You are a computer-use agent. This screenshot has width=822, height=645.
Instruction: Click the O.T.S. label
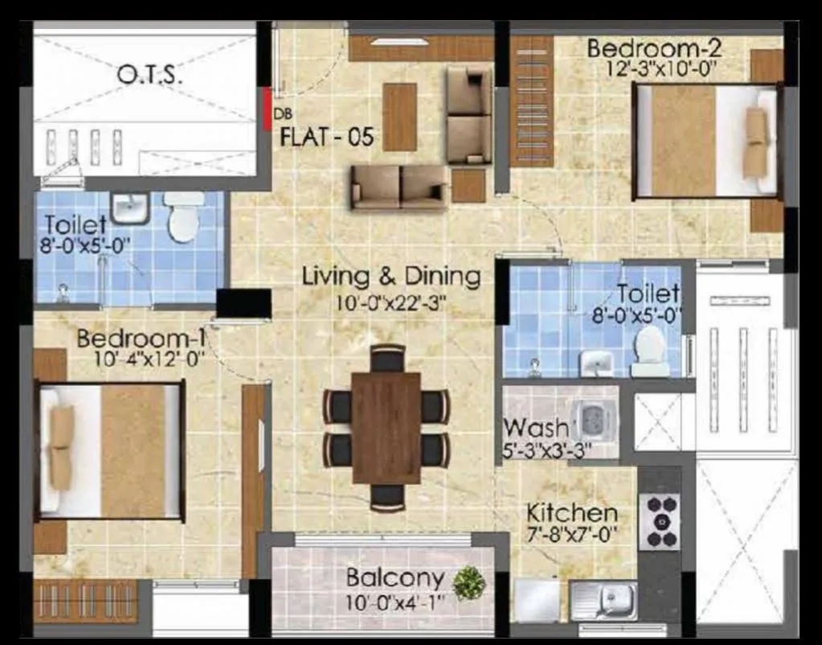pos(150,76)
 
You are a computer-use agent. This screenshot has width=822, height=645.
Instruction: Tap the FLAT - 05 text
pos(326,137)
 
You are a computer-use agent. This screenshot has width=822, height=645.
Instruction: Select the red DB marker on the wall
pos(267,109)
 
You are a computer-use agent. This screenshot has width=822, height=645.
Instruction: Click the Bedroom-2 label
pos(654,48)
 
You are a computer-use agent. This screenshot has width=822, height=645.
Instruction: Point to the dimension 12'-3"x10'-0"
pos(662,69)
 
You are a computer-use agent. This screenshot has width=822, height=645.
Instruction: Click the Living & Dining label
pos(391,277)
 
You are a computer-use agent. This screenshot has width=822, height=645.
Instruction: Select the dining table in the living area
pos(386,427)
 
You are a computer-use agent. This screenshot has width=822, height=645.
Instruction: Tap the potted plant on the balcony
pos(468,582)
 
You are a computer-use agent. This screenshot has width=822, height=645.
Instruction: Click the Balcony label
pos(395,577)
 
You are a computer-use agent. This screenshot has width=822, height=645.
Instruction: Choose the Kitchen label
pos(572,512)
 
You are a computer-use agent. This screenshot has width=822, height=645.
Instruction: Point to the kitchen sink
pos(603,600)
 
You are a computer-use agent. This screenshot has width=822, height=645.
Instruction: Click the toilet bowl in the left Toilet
pos(184,218)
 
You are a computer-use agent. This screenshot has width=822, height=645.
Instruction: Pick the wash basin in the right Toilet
pos(596,363)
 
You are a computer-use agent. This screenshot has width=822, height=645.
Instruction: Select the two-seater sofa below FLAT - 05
pos(399,187)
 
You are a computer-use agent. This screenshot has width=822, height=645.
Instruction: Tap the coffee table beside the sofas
pos(399,117)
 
